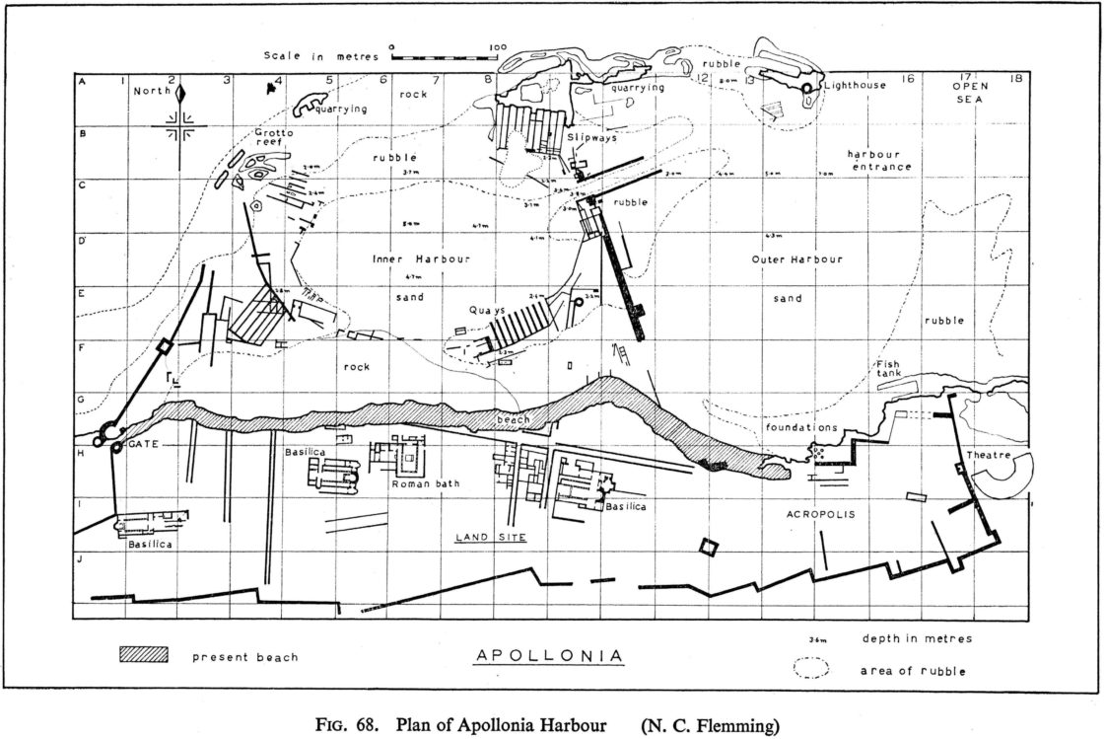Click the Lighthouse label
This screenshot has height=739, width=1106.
[x=856, y=86]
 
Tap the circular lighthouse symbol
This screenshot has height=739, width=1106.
[x=808, y=89]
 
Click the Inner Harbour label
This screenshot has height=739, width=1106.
[x=421, y=259]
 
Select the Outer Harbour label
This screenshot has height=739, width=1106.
[x=795, y=259]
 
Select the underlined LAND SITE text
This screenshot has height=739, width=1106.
[x=491, y=538]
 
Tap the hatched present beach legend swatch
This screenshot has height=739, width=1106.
[x=143, y=655]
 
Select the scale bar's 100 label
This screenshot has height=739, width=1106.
[x=497, y=46]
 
